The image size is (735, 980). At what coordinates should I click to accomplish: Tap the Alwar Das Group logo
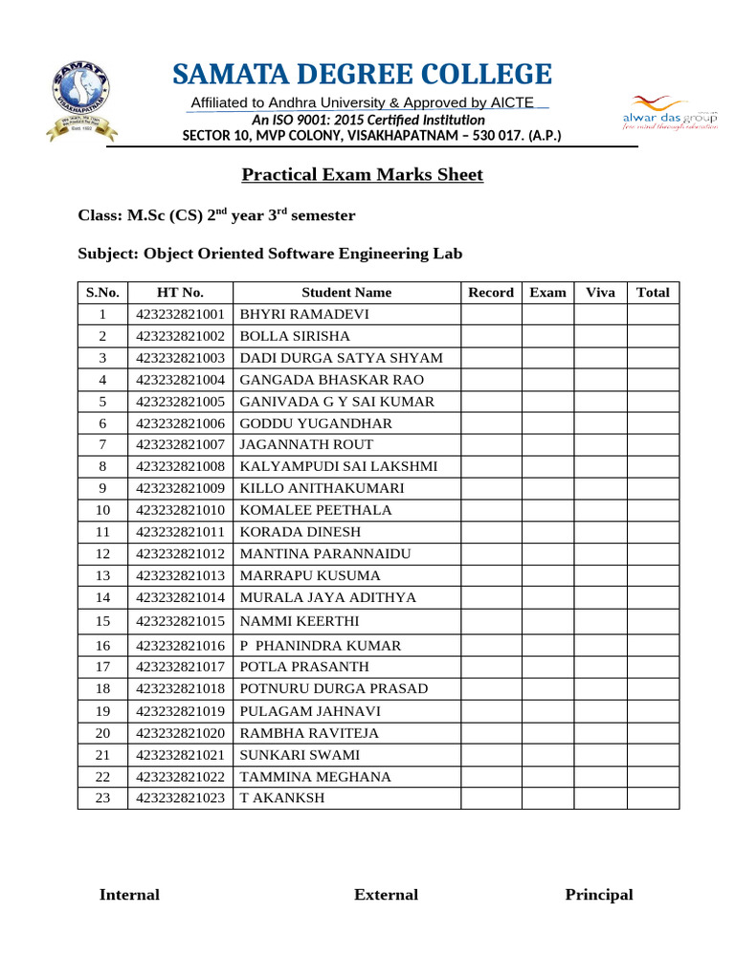(669, 111)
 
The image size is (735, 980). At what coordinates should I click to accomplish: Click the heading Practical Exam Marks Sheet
(362, 175)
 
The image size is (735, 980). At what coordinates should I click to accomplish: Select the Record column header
(491, 293)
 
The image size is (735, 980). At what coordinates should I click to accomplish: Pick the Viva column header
(600, 293)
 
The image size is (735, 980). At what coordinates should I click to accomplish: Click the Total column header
(653, 293)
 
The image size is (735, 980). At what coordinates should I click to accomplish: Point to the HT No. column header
(180, 293)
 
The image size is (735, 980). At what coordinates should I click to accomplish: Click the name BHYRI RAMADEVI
(303, 315)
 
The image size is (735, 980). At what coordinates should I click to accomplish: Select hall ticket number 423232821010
(180, 510)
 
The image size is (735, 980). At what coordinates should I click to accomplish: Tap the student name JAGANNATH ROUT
(306, 445)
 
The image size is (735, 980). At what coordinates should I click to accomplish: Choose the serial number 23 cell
(102, 798)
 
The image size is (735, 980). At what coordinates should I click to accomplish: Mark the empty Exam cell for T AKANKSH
(547, 798)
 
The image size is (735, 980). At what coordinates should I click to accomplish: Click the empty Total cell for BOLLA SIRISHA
(653, 337)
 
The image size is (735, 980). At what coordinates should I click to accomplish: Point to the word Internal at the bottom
(129, 895)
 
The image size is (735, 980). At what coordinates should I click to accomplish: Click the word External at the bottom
(386, 895)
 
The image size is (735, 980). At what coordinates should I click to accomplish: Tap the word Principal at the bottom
(599, 895)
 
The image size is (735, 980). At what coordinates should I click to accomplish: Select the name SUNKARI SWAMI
(300, 755)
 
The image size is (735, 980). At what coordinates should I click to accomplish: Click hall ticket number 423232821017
(180, 667)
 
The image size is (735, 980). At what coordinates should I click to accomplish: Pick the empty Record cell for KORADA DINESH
(491, 532)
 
